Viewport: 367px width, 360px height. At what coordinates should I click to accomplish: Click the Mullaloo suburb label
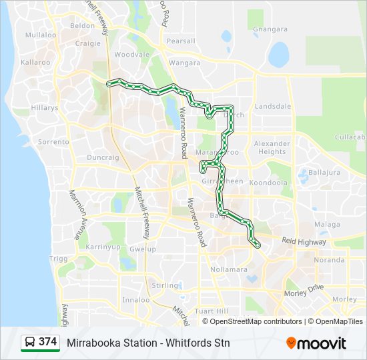coord(41,35)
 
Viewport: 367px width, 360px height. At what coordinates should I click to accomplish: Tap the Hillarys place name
coord(45,107)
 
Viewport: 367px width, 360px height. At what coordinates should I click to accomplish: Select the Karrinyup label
coord(102,247)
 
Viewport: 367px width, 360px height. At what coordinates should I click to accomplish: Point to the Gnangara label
coord(270,29)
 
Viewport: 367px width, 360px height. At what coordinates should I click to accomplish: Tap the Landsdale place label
coord(273,106)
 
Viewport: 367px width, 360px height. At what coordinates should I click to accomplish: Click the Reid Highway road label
coord(304,241)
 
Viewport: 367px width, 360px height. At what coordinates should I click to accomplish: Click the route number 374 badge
coord(47,342)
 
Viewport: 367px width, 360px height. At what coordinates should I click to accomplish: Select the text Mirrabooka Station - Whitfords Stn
coord(148,343)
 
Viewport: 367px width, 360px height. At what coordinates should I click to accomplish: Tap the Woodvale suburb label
coord(127,55)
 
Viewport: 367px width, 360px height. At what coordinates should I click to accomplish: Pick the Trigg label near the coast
coord(59,259)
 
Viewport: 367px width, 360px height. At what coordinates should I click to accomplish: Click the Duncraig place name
coord(103,158)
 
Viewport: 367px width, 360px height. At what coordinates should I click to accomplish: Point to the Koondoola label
coord(268,182)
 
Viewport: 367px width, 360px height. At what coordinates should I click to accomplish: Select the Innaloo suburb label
coord(136,299)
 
